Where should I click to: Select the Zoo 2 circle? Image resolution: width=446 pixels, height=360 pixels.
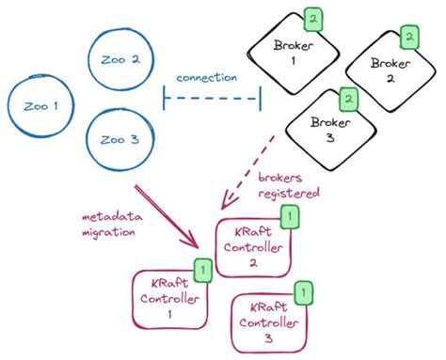click(119, 60)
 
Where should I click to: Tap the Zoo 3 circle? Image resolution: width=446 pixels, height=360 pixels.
click(119, 141)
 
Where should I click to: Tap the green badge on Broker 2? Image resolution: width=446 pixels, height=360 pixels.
click(409, 38)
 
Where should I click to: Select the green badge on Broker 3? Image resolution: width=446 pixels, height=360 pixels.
click(347, 97)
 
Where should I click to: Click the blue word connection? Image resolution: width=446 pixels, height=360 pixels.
click(206, 78)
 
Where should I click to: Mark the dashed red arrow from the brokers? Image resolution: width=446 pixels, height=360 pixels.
click(247, 169)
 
